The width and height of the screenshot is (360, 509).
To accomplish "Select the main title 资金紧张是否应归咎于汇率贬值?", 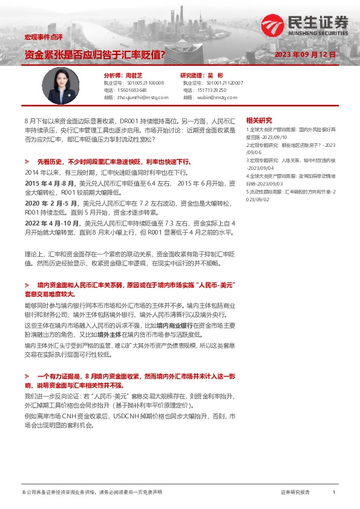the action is pyautogui.click(x=95, y=54).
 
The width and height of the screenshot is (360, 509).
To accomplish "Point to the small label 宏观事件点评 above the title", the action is pyautogui.click(x=39, y=37).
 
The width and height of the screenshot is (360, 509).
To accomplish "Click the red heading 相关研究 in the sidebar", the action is pyautogui.click(x=260, y=120).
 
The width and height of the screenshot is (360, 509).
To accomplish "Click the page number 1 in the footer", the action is pyautogui.click(x=333, y=493).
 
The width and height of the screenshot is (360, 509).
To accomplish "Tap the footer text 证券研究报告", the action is pyautogui.click(x=296, y=493).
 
